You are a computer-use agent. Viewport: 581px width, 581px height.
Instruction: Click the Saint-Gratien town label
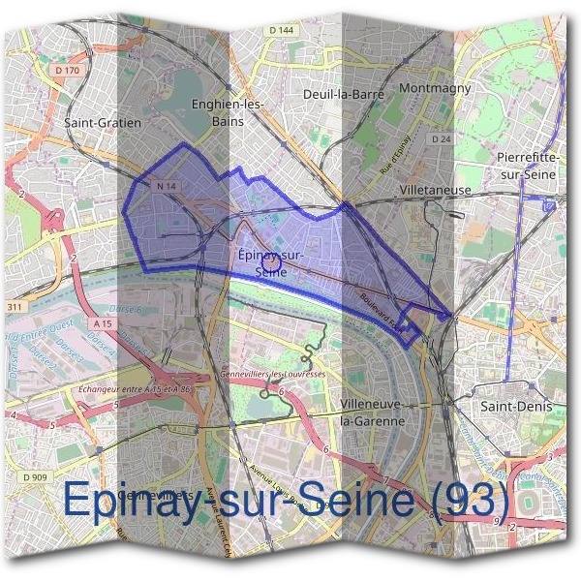(x=103, y=123)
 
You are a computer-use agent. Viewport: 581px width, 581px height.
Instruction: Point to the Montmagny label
(x=434, y=88)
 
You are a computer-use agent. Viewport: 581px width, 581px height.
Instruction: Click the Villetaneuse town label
(x=435, y=191)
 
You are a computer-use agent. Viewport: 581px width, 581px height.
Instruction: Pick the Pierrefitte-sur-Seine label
(x=523, y=165)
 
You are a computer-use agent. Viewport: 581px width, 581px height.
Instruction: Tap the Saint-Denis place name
(x=516, y=407)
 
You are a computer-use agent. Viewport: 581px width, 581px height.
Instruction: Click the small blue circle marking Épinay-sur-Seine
(x=271, y=260)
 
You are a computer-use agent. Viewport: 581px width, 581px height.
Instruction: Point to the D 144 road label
(x=282, y=31)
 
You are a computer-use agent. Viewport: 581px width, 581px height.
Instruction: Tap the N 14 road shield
(x=162, y=185)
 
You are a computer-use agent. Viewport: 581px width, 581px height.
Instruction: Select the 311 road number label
(x=14, y=307)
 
